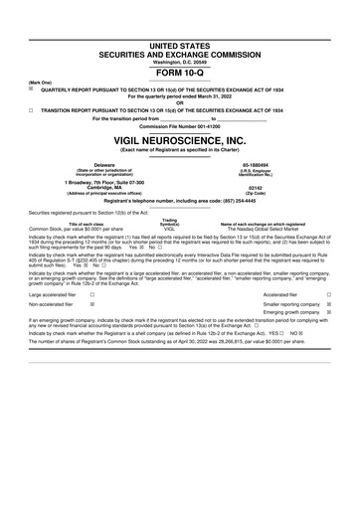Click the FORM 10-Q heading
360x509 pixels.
180,45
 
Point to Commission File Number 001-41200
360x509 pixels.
180,128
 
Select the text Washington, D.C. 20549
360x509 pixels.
180,34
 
